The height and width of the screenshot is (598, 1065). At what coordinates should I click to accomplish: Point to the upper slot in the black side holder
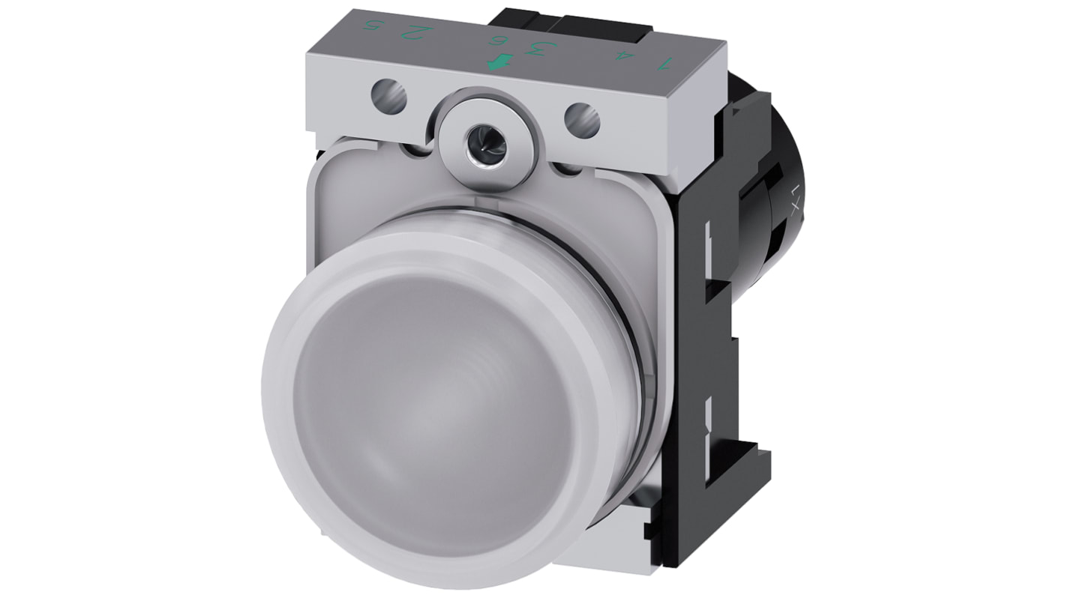[707, 247]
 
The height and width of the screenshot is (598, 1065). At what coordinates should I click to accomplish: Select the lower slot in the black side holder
[707, 420]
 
